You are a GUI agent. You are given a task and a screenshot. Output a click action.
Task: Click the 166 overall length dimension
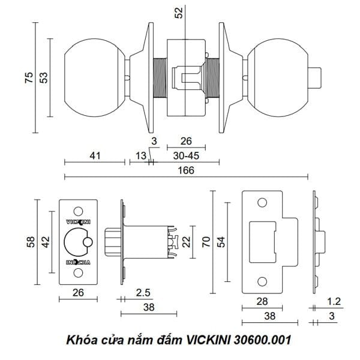(x=185, y=170)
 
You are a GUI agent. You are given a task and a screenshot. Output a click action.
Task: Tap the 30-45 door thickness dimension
(x=186, y=155)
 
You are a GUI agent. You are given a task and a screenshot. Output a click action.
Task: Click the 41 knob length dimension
(x=94, y=155)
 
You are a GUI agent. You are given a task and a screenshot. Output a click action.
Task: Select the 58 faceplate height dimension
(x=30, y=242)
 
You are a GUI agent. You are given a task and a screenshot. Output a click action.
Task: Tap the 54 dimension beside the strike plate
(x=221, y=242)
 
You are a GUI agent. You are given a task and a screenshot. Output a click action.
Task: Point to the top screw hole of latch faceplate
(x=79, y=211)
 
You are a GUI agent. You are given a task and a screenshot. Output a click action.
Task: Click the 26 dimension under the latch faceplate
(x=78, y=292)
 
